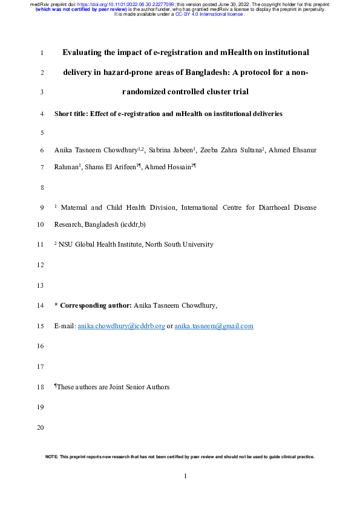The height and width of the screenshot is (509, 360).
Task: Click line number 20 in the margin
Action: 41,428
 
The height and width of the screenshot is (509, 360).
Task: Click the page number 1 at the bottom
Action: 186,477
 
